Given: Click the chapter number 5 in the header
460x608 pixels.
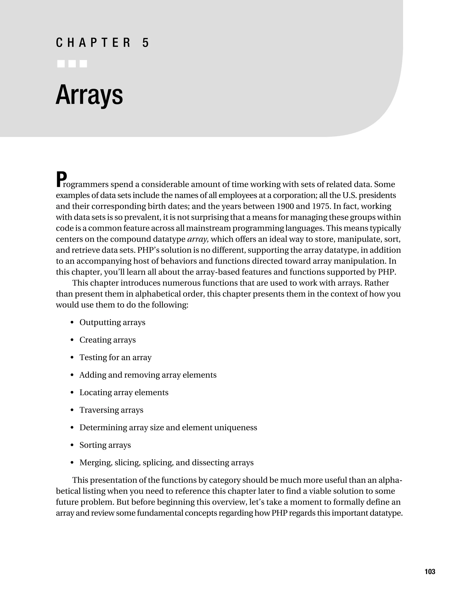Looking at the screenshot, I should pos(146,43).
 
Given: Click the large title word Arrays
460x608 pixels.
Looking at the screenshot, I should pos(89,95).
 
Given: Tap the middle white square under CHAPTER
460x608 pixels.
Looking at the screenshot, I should pos(72,64).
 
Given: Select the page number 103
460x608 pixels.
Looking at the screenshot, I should pos(430,571).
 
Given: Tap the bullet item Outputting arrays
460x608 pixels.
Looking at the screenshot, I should pos(112,322).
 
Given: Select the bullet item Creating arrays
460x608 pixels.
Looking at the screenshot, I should pos(107,340).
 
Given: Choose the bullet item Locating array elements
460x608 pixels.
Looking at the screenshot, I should pos(124,392).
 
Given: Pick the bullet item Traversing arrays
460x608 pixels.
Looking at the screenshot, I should pos(111,410).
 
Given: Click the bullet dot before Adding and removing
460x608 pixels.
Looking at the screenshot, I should pos(72,375).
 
